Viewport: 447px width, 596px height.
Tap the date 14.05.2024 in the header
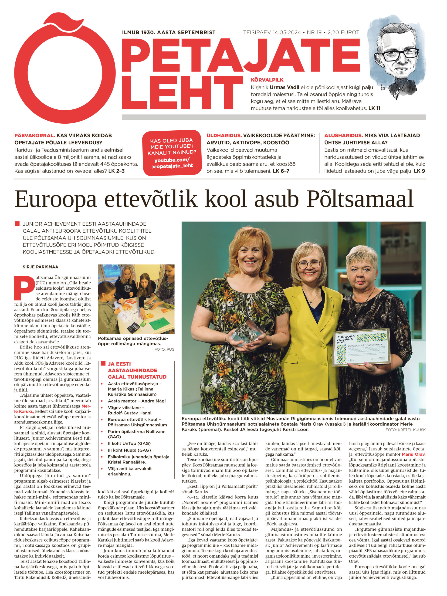click(286, 33)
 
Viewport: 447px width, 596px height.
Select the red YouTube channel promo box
click(172, 153)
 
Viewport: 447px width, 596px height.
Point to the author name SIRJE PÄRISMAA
click(41, 267)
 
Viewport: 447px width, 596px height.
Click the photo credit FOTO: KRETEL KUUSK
click(405, 430)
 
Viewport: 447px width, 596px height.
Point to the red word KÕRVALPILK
click(267, 80)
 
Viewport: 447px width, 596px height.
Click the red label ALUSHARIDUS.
click(343, 135)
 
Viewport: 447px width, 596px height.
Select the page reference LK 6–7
click(281, 171)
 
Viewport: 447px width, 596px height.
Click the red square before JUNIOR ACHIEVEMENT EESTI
click(17, 224)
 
